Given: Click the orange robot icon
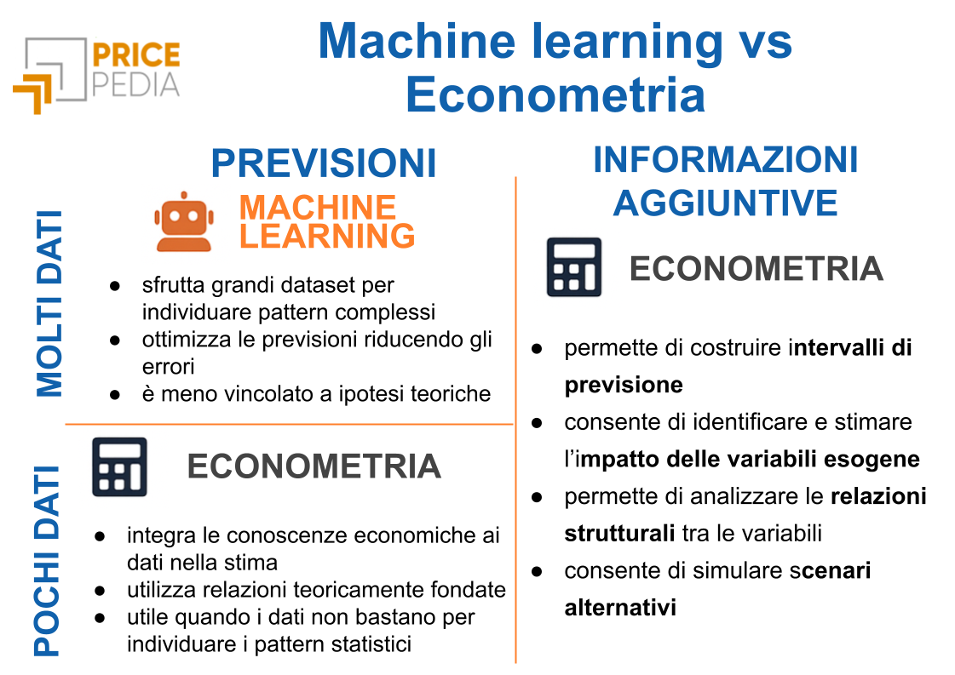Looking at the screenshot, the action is [x=184, y=222].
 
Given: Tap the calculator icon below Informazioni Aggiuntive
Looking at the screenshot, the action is [x=573, y=267].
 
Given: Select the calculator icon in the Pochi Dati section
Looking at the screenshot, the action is [x=119, y=466].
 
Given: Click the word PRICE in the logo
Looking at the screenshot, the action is [x=136, y=54].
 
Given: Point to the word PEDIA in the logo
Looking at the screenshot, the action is [x=136, y=84].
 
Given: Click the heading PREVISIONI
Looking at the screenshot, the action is [x=324, y=163].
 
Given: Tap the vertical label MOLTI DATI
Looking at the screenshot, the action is [x=49, y=304].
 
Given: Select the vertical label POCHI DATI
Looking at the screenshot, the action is [x=47, y=561].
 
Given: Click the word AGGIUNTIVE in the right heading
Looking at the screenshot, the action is [x=725, y=203].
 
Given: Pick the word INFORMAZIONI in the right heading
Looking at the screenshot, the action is [x=725, y=159].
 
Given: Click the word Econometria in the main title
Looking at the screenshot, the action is [x=555, y=95].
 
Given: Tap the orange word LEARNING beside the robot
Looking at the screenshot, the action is [x=327, y=236].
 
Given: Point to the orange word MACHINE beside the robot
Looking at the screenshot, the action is [x=317, y=208].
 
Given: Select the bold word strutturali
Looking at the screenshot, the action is [x=619, y=533].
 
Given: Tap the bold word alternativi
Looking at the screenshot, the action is [x=620, y=608].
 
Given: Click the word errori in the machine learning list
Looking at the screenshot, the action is [x=168, y=366].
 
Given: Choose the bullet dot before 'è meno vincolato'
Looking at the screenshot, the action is [x=114, y=394].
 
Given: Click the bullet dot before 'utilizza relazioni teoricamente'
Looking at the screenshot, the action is [x=100, y=591].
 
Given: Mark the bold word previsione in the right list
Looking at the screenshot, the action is [x=624, y=386].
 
